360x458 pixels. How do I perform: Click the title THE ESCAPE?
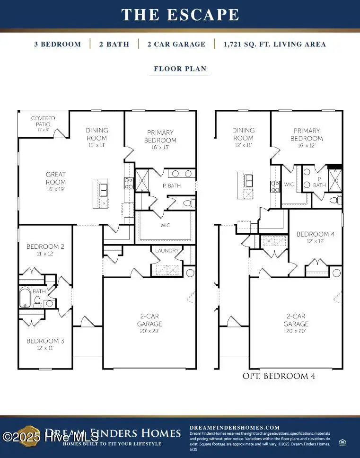point(180,15)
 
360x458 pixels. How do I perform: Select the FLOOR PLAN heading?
point(180,69)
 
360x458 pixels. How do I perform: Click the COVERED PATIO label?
point(43,121)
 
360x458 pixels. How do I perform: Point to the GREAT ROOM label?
point(56,178)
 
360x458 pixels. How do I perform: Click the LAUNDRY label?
point(167,250)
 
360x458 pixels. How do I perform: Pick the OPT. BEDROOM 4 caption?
point(279,376)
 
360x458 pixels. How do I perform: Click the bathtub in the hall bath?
point(26,298)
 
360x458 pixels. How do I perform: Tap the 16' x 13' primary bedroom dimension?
point(160,147)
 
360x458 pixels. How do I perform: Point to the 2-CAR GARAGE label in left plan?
point(149,320)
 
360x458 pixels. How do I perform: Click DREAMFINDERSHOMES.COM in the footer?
point(235,427)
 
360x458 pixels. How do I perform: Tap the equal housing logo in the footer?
point(342,442)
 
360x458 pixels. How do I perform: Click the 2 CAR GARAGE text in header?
point(176,44)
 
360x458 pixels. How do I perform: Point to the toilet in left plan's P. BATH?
point(187,203)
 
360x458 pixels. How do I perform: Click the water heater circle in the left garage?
point(190,273)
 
